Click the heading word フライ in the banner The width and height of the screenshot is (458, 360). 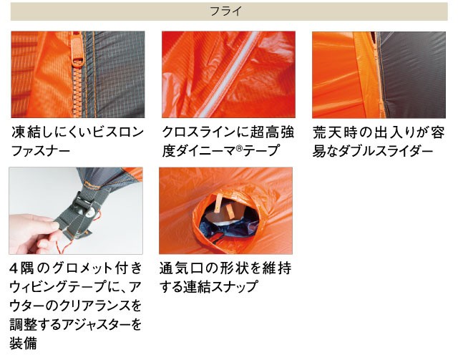(x=226, y=11)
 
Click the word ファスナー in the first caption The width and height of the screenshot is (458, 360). (x=41, y=151)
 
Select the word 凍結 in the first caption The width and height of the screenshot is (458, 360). (x=26, y=132)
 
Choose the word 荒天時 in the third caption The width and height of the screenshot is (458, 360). (x=335, y=132)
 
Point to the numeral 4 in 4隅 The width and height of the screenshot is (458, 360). (x=14, y=268)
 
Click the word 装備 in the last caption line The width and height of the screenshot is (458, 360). (x=24, y=343)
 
